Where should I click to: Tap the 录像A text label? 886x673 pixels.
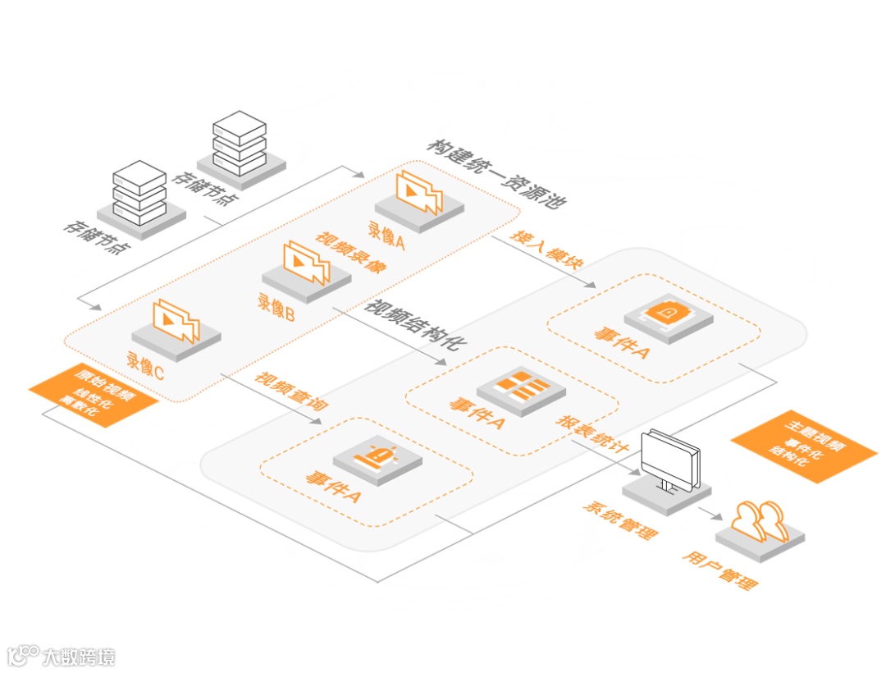(x=386, y=236)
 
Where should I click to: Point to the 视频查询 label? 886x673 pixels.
(x=285, y=391)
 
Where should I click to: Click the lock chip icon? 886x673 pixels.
(x=668, y=313)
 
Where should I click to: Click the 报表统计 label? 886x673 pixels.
(x=592, y=433)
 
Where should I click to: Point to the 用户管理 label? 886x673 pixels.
(x=719, y=571)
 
